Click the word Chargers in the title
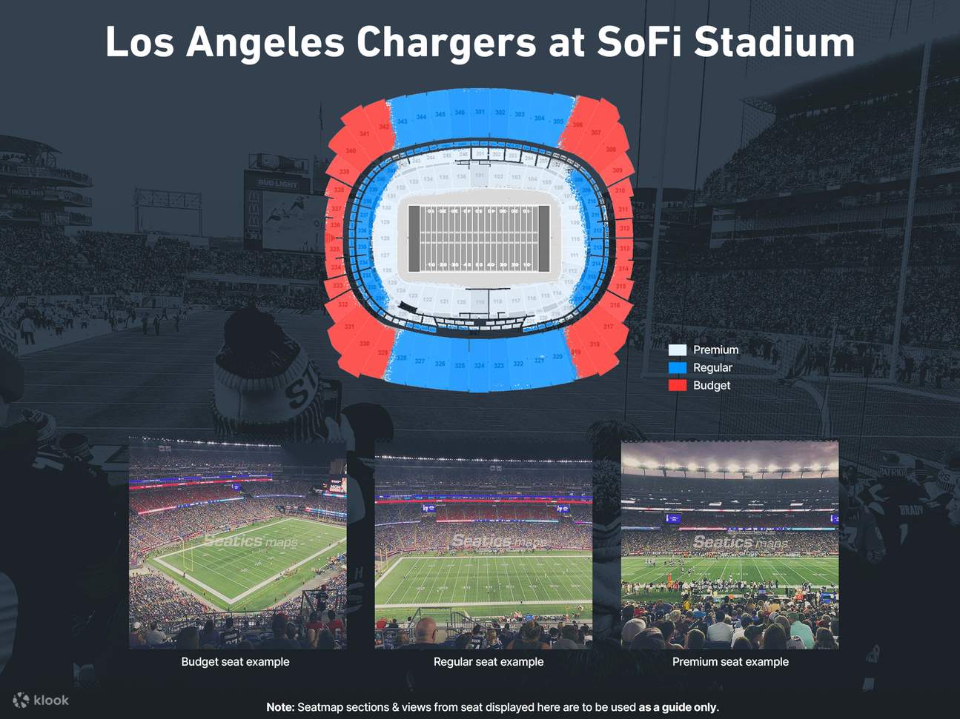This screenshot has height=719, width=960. tap(446, 42)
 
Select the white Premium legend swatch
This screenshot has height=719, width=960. tap(678, 350)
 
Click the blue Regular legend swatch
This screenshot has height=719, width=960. tap(678, 368)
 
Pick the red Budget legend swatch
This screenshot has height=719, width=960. tap(678, 386)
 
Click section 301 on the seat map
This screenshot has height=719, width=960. tap(480, 113)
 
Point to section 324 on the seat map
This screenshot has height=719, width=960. tap(479, 366)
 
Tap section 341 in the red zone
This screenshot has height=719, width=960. tap(364, 134)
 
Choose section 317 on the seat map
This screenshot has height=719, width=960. tap(608, 327)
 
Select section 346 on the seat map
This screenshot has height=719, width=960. tap(460, 113)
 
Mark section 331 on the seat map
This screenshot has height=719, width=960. tap(349, 327)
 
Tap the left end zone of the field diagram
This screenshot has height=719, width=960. tap(414, 238)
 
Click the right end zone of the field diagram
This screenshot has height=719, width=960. tap(543, 238)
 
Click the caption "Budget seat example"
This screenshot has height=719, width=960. tap(235, 662)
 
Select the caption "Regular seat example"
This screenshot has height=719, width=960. tap(489, 662)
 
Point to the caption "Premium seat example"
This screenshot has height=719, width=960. tap(730, 662)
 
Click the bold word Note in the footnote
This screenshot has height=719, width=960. tap(280, 707)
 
